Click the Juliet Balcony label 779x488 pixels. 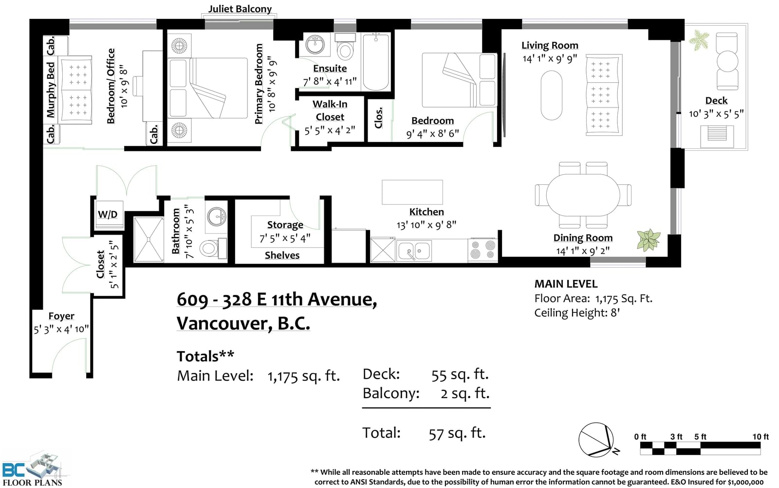click(240, 9)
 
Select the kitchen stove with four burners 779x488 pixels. click(482, 250)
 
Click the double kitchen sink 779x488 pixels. click(413, 251)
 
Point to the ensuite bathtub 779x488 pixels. click(375, 62)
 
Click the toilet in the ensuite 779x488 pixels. click(345, 46)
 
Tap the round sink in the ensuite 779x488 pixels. click(315, 45)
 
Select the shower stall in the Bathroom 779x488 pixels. click(148, 239)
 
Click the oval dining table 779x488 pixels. click(583, 195)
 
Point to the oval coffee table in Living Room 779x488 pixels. click(552, 95)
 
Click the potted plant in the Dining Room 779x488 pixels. click(649, 240)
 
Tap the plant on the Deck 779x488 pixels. click(699, 40)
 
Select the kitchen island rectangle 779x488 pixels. click(412, 192)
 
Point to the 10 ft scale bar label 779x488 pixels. click(760, 436)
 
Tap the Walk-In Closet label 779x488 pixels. click(330, 110)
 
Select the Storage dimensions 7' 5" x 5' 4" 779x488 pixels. click(285, 239)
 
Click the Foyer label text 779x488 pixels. click(61, 316)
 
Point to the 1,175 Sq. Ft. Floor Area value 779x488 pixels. click(624, 299)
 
